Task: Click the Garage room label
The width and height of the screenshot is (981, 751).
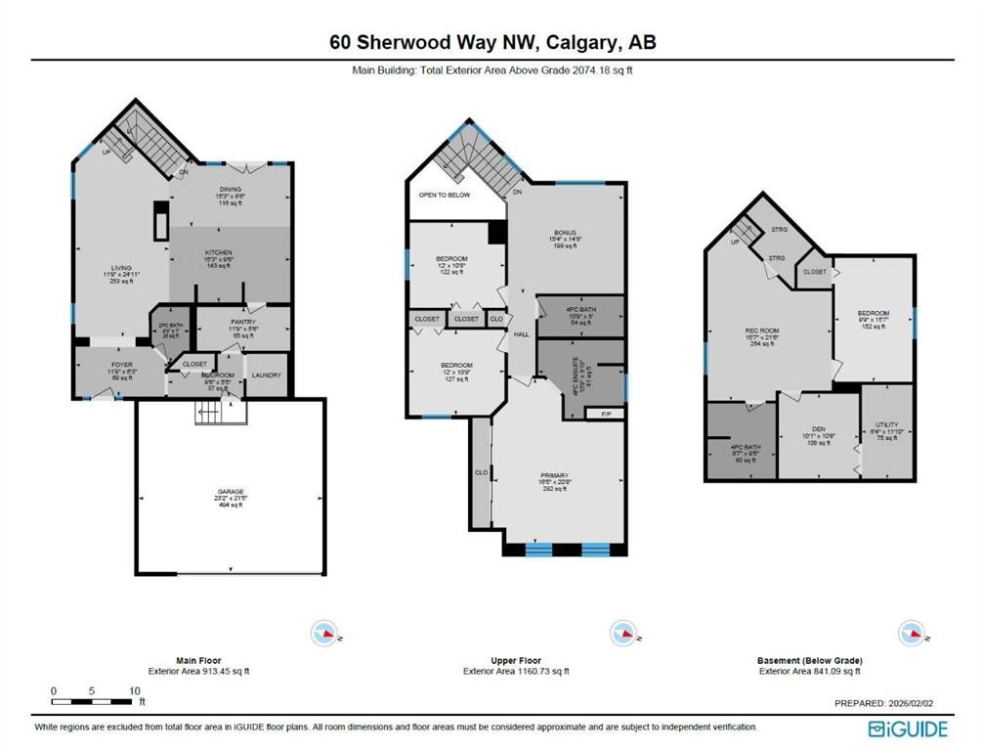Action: tap(231, 491)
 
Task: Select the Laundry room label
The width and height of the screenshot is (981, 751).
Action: tap(266, 375)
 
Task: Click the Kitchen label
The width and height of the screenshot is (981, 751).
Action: tap(218, 252)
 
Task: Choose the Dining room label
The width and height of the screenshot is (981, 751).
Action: tap(230, 190)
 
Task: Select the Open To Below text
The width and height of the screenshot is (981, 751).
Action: tap(445, 195)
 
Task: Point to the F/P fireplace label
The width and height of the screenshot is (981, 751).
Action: tap(604, 414)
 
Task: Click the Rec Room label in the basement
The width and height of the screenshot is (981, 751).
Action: tap(760, 331)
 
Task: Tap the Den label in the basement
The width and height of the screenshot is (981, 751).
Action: tap(818, 429)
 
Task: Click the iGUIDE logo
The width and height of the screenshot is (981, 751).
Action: tap(909, 728)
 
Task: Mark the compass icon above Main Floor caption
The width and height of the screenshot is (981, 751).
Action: tap(323, 634)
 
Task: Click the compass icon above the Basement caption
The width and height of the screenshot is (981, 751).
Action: tap(911, 634)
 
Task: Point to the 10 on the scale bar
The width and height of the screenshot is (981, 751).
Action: tap(134, 690)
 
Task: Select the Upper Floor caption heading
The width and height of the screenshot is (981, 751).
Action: tap(516, 661)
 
